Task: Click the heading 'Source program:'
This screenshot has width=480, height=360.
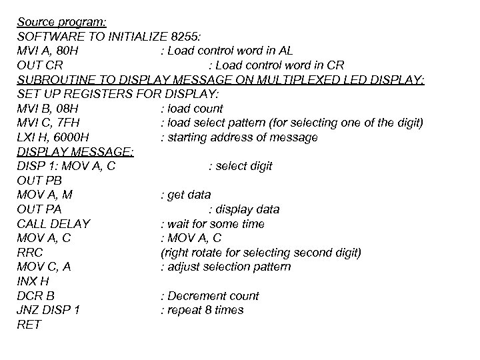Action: pos(57,21)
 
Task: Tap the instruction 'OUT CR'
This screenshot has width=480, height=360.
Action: pos(40,65)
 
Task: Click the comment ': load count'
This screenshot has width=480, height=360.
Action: pos(192,109)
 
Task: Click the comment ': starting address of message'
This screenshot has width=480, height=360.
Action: pos(239,138)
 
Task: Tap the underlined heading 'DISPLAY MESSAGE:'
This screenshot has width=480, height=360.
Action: pos(75,152)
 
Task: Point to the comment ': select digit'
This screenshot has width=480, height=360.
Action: pos(240,167)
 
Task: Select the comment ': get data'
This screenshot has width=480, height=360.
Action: pos(186,195)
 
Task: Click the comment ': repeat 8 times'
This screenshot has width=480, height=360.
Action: pos(202,311)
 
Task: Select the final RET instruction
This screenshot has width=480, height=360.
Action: pos(29,325)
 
